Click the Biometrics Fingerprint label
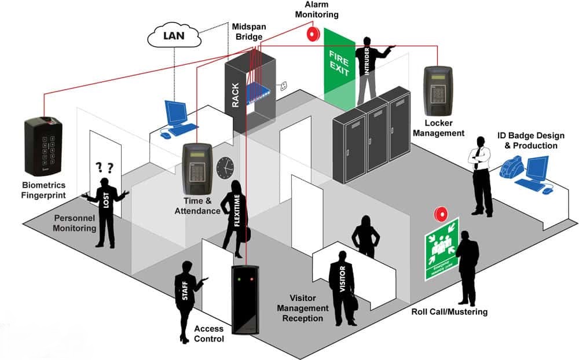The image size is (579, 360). (x=44, y=191)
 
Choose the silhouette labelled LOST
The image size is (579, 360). (x=105, y=208)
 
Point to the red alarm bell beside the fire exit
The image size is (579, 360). (x=314, y=34)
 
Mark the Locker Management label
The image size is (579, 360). (x=444, y=128)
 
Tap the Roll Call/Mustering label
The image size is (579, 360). (x=449, y=312)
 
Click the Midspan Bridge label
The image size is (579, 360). (x=248, y=32)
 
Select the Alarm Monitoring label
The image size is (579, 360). (x=317, y=9)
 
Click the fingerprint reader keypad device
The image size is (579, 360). (x=42, y=146)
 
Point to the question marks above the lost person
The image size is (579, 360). (x=104, y=168)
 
